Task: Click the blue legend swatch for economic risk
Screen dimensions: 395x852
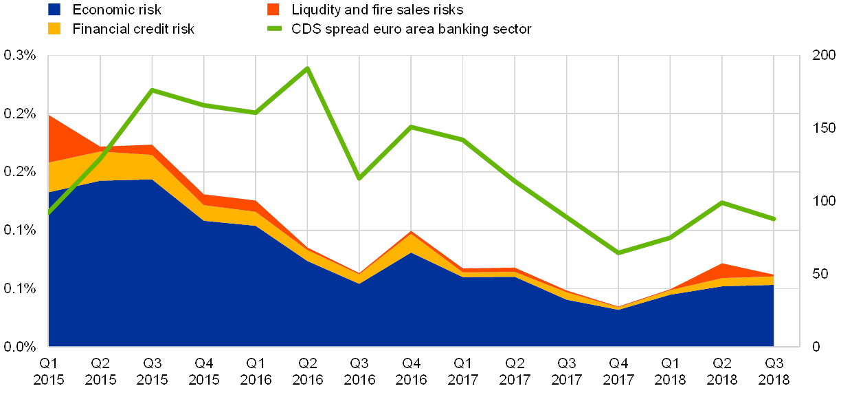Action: tap(54, 10)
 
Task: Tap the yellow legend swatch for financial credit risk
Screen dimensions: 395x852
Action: tap(54, 29)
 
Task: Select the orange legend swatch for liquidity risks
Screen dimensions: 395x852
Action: tap(273, 10)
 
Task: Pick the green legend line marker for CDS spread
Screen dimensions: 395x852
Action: tap(273, 29)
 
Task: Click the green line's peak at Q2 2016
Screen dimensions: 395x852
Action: tap(308, 67)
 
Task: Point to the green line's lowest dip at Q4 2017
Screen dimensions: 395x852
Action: tap(618, 253)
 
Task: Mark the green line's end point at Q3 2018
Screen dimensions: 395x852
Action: tap(774, 219)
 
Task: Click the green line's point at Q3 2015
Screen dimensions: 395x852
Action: tap(152, 89)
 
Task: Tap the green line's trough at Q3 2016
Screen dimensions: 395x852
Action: tap(359, 178)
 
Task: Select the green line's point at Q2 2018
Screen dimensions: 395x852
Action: tap(722, 202)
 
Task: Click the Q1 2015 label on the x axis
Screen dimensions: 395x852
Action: tap(49, 372)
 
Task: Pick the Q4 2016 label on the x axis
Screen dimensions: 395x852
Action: tap(411, 372)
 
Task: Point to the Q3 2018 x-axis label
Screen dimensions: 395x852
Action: tap(774, 372)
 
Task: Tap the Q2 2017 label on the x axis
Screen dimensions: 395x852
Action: tap(515, 372)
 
